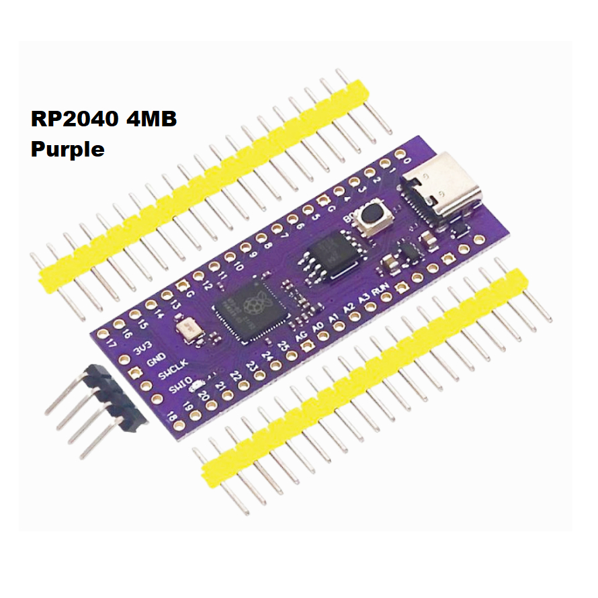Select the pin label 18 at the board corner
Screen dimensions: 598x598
coord(173,418)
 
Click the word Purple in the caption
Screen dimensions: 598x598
coord(67,148)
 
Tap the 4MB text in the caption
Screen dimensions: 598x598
coord(149,120)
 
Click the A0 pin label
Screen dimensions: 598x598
coord(318,325)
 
